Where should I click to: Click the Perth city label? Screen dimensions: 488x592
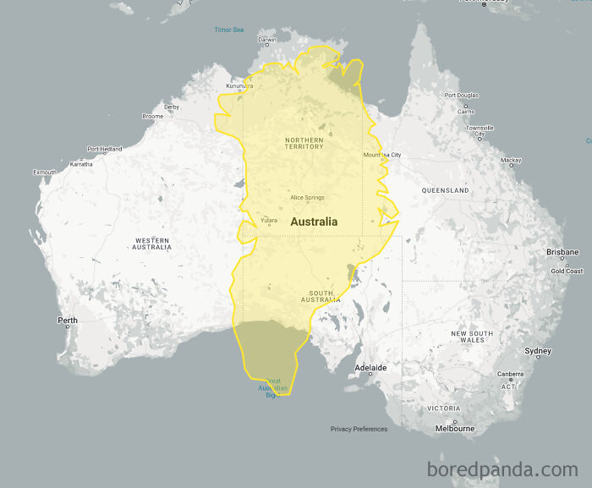[x=67, y=320]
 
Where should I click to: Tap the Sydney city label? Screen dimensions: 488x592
[x=538, y=350]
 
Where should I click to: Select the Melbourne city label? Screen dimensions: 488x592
[x=454, y=429]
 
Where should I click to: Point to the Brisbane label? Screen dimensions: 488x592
[x=562, y=252]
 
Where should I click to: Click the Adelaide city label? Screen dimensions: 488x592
[x=370, y=368]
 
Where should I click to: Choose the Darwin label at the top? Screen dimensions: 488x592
[x=267, y=40]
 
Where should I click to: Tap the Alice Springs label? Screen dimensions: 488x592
[x=307, y=198]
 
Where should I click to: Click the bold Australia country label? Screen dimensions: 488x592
[x=314, y=222]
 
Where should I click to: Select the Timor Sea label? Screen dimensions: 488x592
[x=228, y=30]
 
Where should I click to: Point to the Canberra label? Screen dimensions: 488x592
[x=510, y=374]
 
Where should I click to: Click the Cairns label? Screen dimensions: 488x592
[x=466, y=112]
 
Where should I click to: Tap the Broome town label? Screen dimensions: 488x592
[x=153, y=116]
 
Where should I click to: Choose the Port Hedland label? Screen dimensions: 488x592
[x=105, y=149]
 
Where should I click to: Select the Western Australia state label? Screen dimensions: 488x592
[x=152, y=244]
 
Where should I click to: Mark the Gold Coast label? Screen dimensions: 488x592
[x=567, y=271]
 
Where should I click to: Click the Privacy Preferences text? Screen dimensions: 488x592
[x=359, y=429]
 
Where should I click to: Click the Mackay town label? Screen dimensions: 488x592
[x=511, y=160]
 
